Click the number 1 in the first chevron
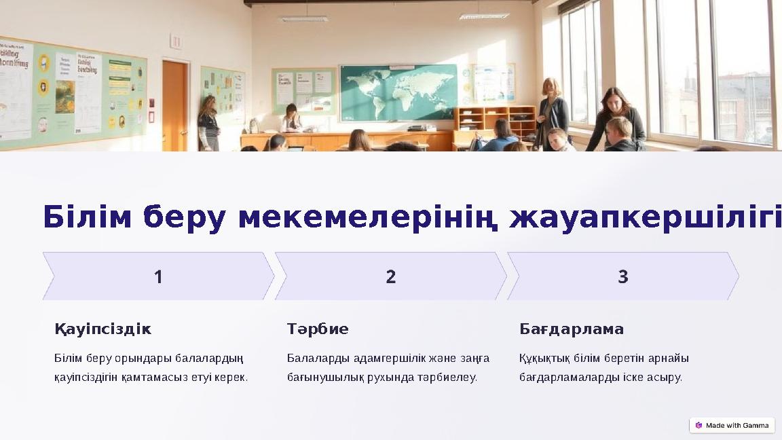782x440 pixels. pyautogui.click(x=158, y=277)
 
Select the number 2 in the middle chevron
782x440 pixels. pyautogui.click(x=391, y=277)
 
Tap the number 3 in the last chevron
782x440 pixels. pyautogui.click(x=623, y=277)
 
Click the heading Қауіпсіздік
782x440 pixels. pyautogui.click(x=103, y=329)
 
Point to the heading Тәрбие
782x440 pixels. pyautogui.click(x=318, y=329)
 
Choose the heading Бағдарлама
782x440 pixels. pyautogui.click(x=572, y=329)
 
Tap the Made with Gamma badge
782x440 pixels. pyautogui.click(x=732, y=425)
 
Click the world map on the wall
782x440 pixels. pyautogui.click(x=398, y=92)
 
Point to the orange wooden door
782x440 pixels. pyautogui.click(x=174, y=105)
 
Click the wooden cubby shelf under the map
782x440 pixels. pyautogui.click(x=496, y=121)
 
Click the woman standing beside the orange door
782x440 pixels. pyautogui.click(x=208, y=123)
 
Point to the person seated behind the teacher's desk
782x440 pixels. pyautogui.click(x=292, y=118)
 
